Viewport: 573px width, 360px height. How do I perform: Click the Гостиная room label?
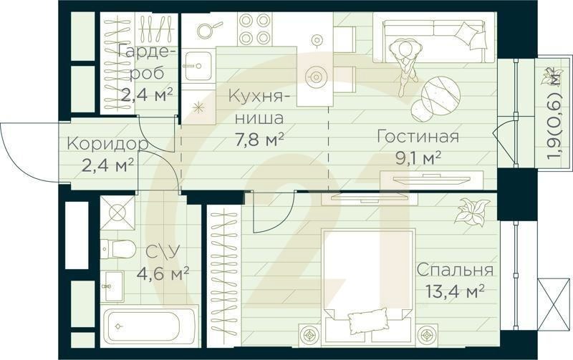tap(417, 137)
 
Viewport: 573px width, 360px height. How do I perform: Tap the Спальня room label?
tap(455, 271)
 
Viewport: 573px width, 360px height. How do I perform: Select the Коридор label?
tap(107, 144)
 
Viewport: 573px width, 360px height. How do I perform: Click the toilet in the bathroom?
tap(119, 248)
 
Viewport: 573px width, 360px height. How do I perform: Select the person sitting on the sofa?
tap(405, 61)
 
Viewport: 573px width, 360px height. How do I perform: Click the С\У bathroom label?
tap(162, 252)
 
